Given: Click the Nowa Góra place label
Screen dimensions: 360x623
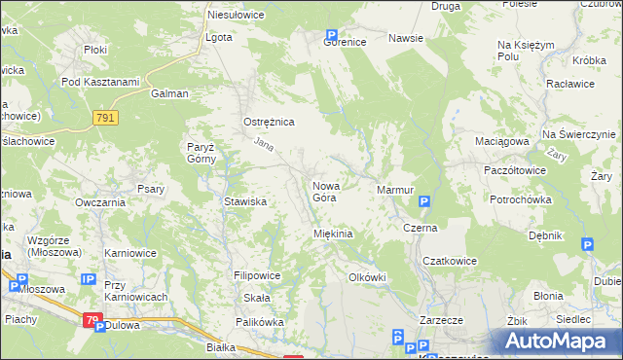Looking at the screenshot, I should [x=324, y=191].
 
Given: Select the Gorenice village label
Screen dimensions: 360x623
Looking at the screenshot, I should [x=345, y=43].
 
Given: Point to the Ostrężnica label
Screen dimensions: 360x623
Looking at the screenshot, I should [x=268, y=123].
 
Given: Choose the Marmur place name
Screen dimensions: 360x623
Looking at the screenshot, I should [x=395, y=189].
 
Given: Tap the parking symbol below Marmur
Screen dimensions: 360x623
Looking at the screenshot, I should [x=423, y=202].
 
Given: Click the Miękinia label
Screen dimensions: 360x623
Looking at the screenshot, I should [x=332, y=234].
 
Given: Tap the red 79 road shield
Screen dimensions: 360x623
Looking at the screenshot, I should [x=92, y=318].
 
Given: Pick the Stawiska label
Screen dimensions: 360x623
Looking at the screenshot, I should [x=245, y=201].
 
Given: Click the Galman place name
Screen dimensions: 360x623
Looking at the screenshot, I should [x=169, y=94].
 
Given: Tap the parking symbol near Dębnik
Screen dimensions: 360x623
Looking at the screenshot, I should [x=587, y=245].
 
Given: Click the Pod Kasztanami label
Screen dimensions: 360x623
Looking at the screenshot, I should [x=100, y=81].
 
